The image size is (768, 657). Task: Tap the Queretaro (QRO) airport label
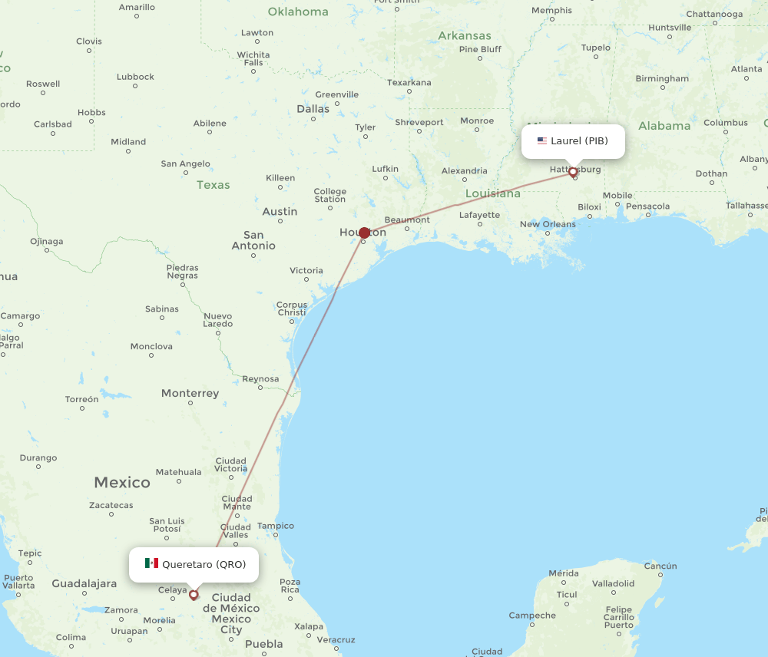[x=204, y=564]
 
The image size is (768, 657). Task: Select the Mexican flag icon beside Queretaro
[x=151, y=563]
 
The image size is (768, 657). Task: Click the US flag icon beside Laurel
[x=542, y=140]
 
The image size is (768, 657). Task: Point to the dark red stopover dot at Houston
[x=364, y=232]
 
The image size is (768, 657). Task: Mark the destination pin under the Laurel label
[x=573, y=173]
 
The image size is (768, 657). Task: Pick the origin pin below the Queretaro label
[x=194, y=594]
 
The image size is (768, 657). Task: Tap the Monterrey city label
[x=190, y=393]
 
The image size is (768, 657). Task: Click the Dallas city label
[x=313, y=109]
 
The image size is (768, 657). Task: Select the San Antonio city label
[x=253, y=240]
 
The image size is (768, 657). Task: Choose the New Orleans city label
[x=548, y=224]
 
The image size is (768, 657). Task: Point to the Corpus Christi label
[x=292, y=309]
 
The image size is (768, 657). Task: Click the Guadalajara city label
[x=84, y=583]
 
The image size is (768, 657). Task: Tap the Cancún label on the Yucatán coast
[x=660, y=566]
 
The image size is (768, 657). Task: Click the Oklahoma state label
[x=297, y=12]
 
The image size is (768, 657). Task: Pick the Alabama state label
[x=664, y=126]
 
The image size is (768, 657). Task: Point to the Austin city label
[x=280, y=211]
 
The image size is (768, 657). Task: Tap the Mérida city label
[x=564, y=573]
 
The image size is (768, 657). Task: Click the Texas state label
[x=213, y=184]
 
